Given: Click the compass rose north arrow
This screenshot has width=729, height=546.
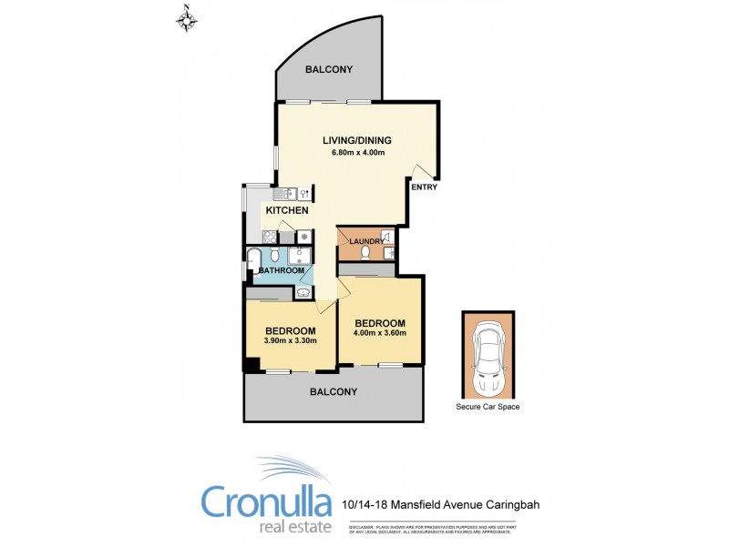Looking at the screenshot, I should (x=188, y=17).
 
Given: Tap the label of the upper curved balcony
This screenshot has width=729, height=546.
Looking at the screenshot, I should (x=329, y=70).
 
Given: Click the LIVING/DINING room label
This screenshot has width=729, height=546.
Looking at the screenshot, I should (x=357, y=140).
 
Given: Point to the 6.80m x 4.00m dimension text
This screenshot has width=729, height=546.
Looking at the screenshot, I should (x=358, y=152).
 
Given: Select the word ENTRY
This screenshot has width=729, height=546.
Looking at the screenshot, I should (x=424, y=187).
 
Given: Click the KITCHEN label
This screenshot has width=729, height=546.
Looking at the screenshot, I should (x=287, y=211).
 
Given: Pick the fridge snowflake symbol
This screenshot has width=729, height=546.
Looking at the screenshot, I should (x=303, y=236).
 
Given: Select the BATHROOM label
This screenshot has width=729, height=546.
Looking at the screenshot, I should (x=282, y=270).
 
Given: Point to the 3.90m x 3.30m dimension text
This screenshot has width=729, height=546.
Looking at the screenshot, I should (x=290, y=341).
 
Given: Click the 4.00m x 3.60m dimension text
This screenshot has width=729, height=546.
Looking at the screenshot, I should (x=380, y=333).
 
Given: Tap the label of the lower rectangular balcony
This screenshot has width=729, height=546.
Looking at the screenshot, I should (x=333, y=391).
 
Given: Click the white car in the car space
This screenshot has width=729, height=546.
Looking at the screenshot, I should (x=488, y=358).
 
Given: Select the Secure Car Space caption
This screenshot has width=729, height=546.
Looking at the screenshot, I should (x=488, y=407).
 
